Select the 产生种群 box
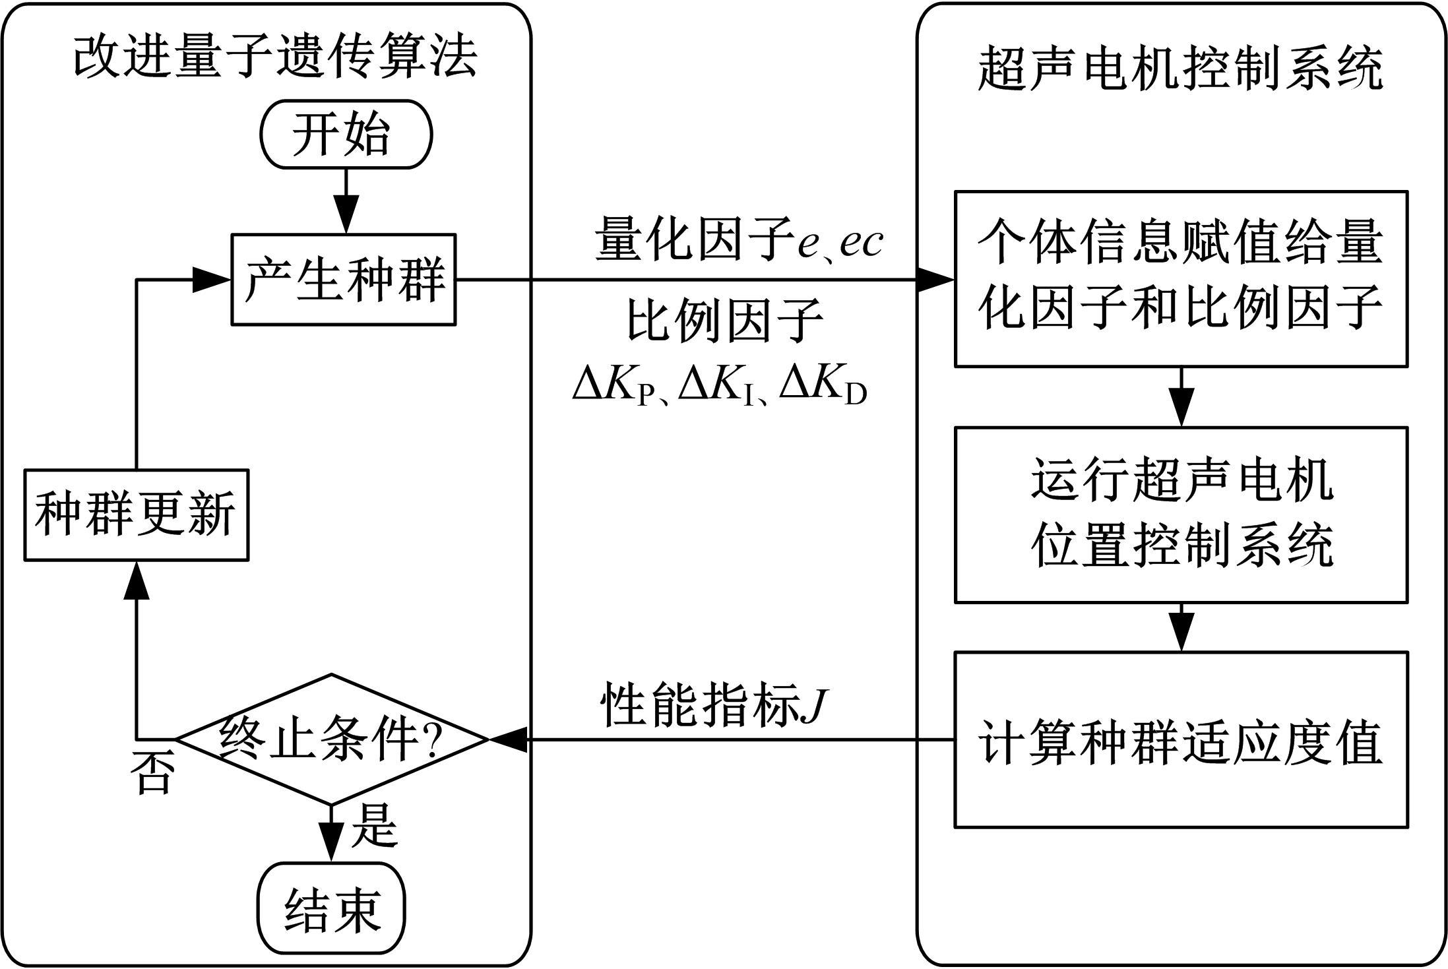point(343,280)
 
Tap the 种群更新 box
point(137,515)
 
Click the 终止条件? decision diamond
point(331,739)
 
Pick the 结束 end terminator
point(331,908)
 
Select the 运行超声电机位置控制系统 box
point(1181,515)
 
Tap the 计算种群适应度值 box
point(1181,739)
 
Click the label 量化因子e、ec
point(739,241)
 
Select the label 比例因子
point(724,321)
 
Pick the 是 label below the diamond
point(374,825)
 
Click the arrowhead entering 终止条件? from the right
point(508,739)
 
